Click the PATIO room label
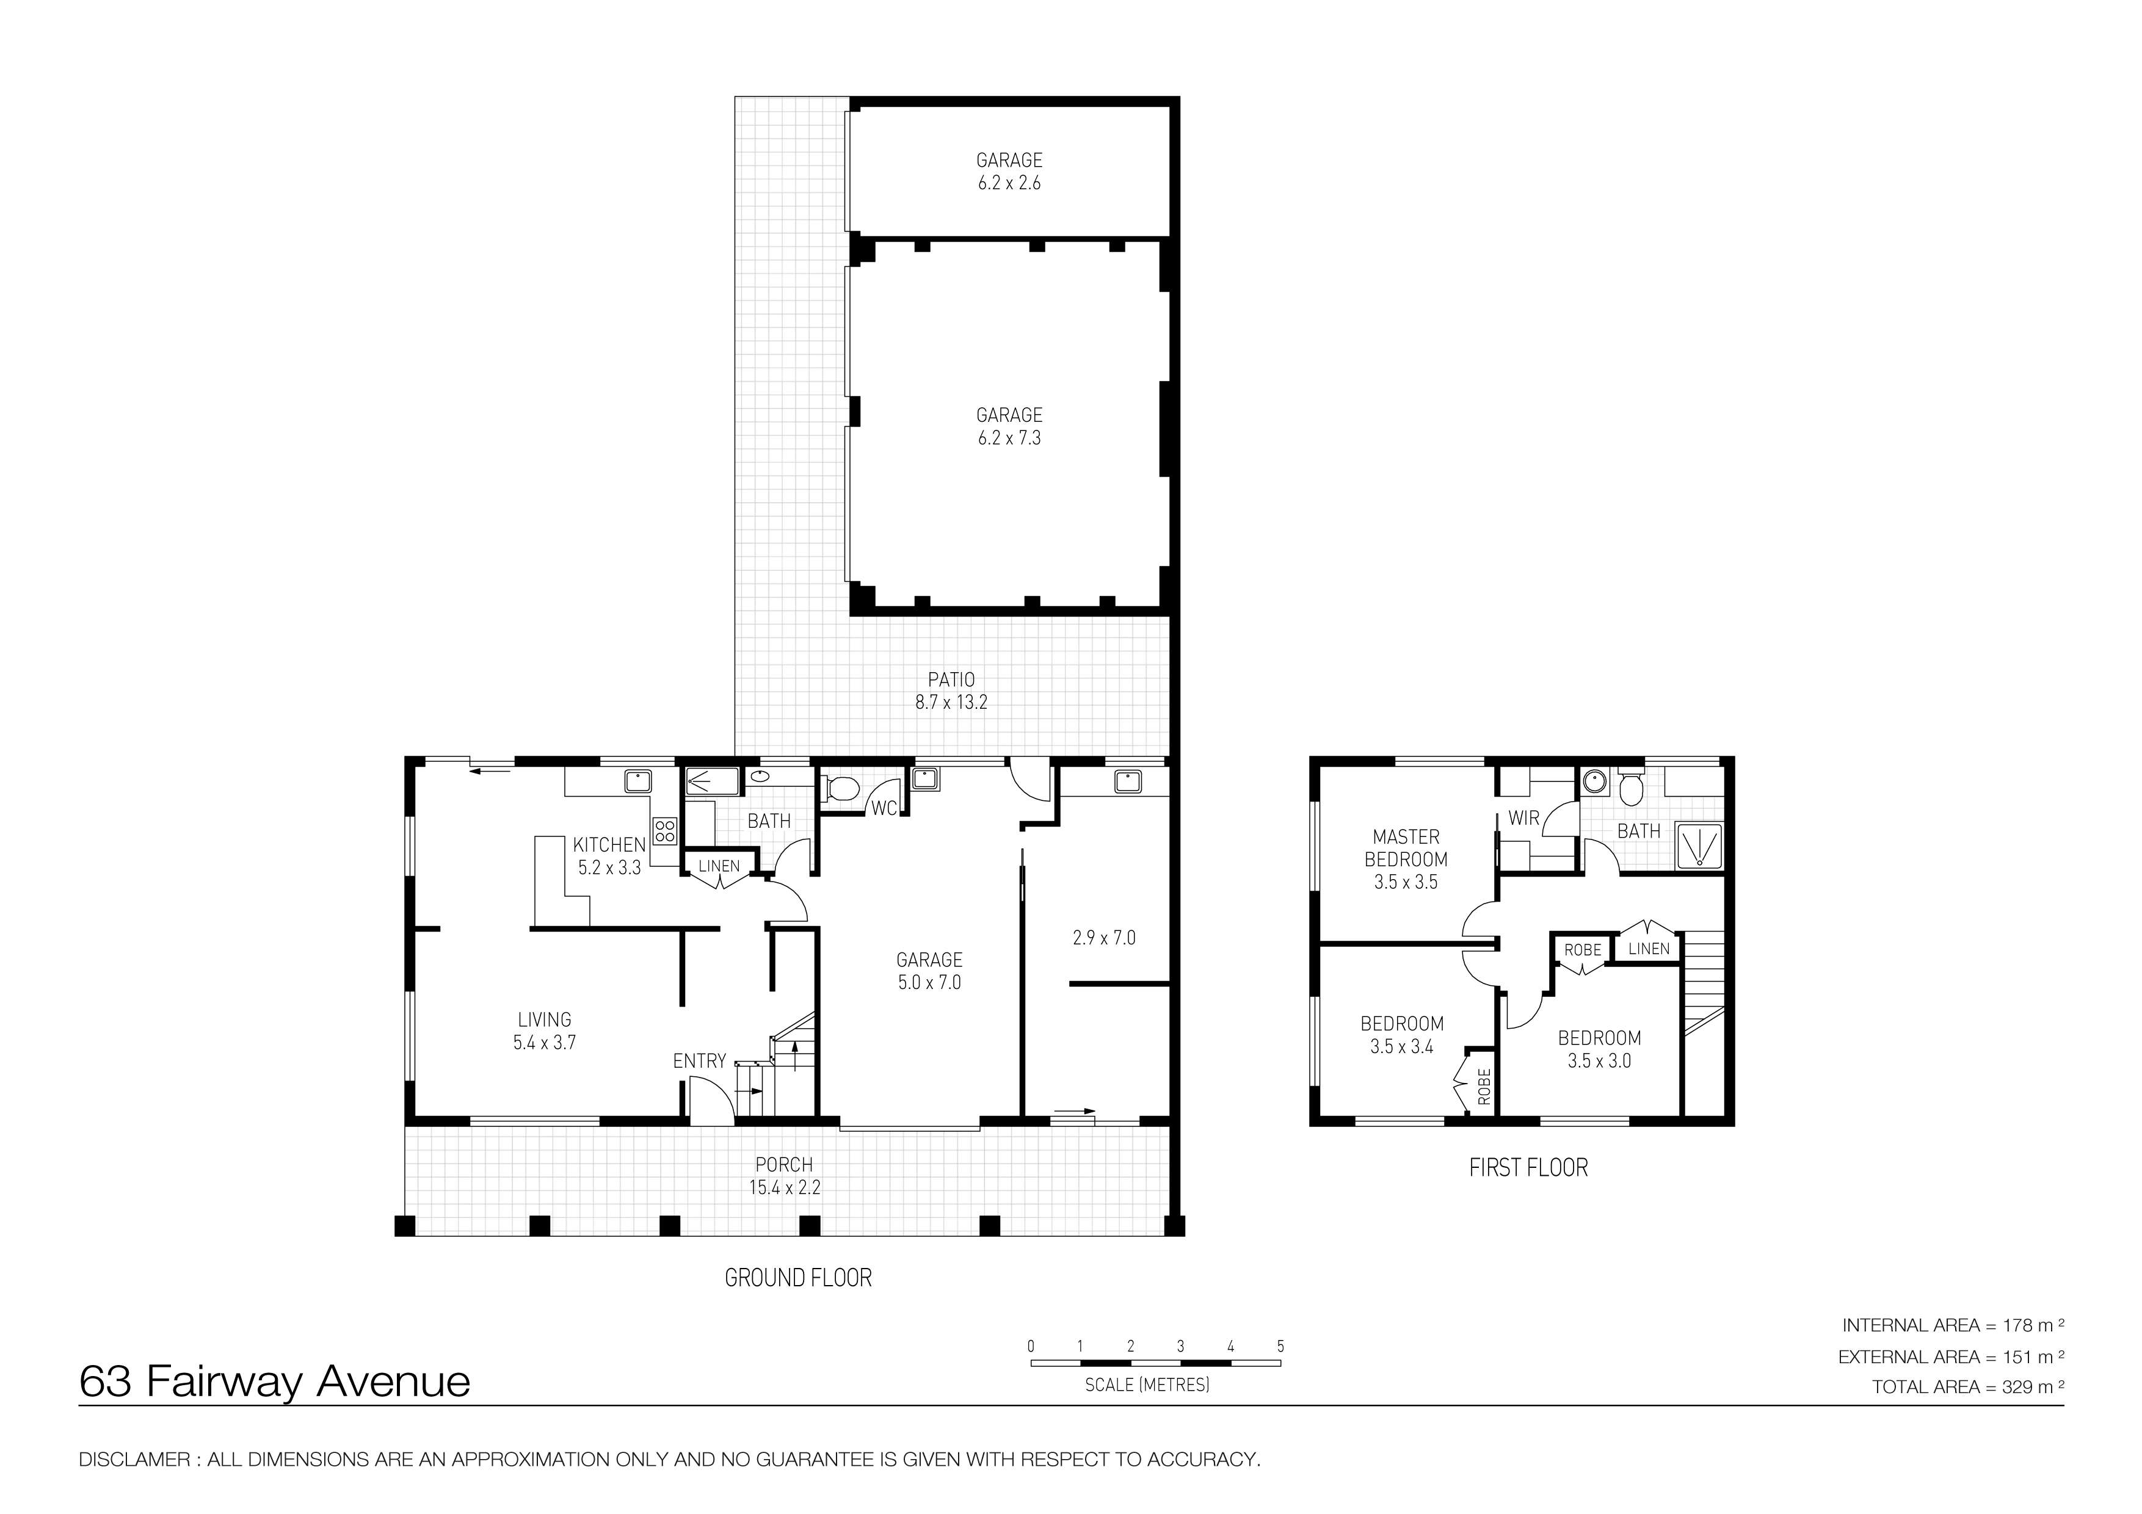tap(951, 680)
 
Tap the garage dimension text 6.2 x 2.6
tap(1009, 184)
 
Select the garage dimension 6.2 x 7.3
tap(1009, 438)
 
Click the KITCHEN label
tap(609, 845)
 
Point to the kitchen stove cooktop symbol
tap(665, 830)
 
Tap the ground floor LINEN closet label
tap(719, 866)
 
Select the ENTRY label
tap(700, 1060)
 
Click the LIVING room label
tap(544, 1020)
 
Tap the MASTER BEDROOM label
tap(1406, 848)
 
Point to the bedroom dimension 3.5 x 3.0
tap(1599, 1060)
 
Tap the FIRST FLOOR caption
tap(1528, 1167)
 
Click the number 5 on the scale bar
tap(1281, 1346)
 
